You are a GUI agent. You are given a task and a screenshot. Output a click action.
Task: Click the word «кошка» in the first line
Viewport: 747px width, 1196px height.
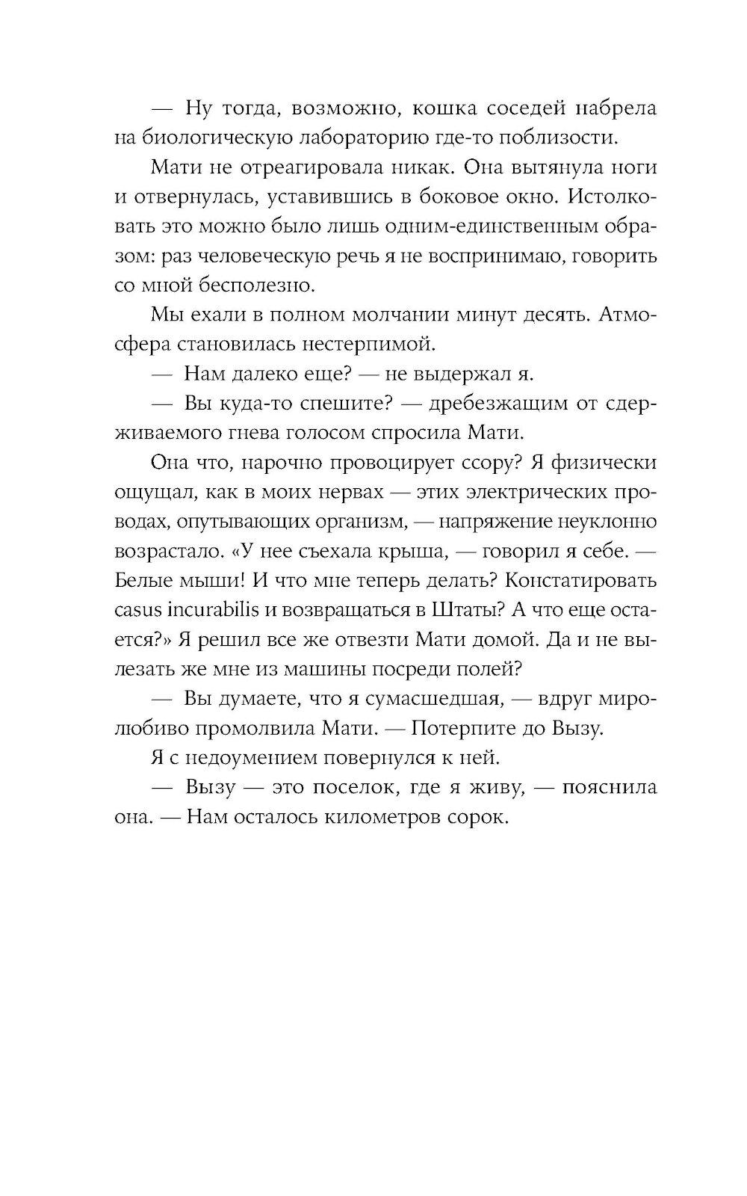pyautogui.click(x=444, y=108)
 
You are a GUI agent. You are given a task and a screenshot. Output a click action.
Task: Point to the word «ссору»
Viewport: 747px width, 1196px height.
pyautogui.click(x=485, y=462)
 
